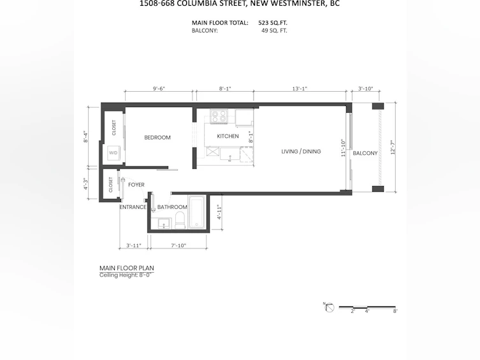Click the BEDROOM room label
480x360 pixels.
coord(157,138)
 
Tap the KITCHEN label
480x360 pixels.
coord(228,136)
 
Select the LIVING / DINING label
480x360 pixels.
coord(301,152)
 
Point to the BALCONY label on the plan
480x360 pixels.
coord(365,153)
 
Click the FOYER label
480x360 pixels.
coord(136,185)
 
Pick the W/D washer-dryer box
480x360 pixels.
coord(113,153)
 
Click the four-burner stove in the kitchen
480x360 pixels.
coord(219,116)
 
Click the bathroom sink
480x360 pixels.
coord(164,224)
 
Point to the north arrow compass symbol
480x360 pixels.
coord(329,307)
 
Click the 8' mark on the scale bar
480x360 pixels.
coord(395,311)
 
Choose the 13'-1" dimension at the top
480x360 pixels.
coord(300,89)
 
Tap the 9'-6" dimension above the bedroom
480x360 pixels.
coord(159,89)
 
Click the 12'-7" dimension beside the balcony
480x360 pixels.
coord(393,147)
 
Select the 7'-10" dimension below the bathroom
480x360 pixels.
coord(178,245)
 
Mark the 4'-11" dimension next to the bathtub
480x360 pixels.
coord(219,212)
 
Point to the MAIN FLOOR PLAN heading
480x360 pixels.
coord(127,268)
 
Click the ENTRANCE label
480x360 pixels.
coord(133,207)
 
